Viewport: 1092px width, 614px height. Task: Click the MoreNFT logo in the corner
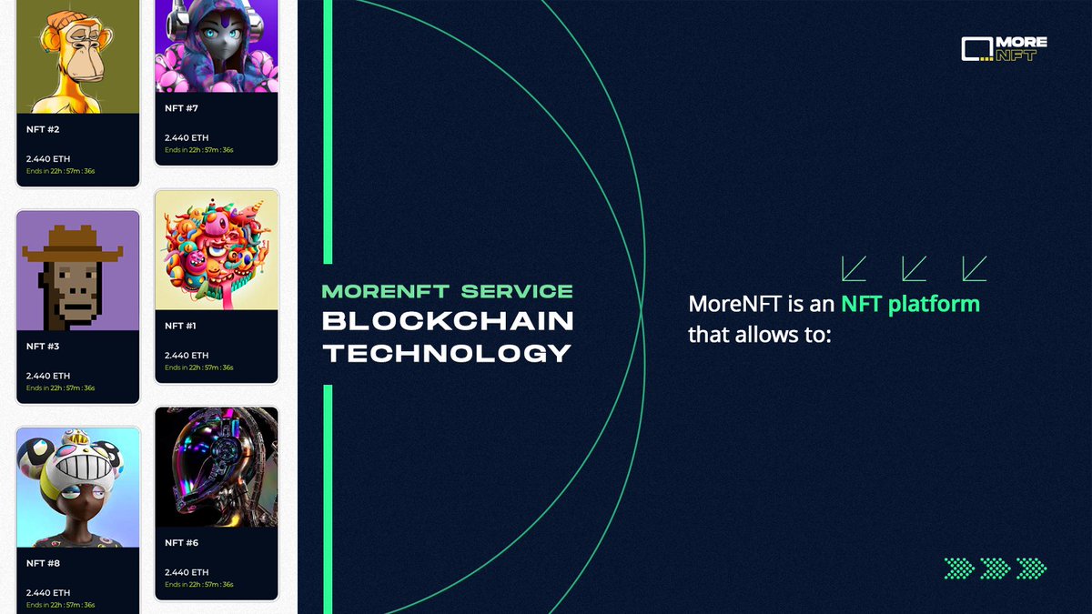coord(1004,48)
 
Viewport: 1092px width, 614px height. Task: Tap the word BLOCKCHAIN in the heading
coord(448,321)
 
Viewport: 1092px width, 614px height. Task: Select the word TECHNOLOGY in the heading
coord(448,352)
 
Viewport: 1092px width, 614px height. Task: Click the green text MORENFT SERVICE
coord(448,291)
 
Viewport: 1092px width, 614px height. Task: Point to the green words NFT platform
coord(910,304)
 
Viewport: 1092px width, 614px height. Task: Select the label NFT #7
coord(181,108)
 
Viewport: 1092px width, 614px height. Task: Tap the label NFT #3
coord(43,347)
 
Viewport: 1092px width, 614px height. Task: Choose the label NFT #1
coord(180,325)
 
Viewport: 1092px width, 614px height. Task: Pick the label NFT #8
coord(43,563)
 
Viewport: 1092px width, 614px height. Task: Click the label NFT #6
coord(181,543)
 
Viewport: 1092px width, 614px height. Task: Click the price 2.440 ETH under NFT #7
coord(187,138)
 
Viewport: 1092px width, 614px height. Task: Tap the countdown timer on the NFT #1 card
coord(198,367)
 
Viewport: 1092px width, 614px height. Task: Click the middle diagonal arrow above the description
coord(914,267)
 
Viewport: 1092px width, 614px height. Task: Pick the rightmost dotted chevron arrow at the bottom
coord(1031,569)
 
